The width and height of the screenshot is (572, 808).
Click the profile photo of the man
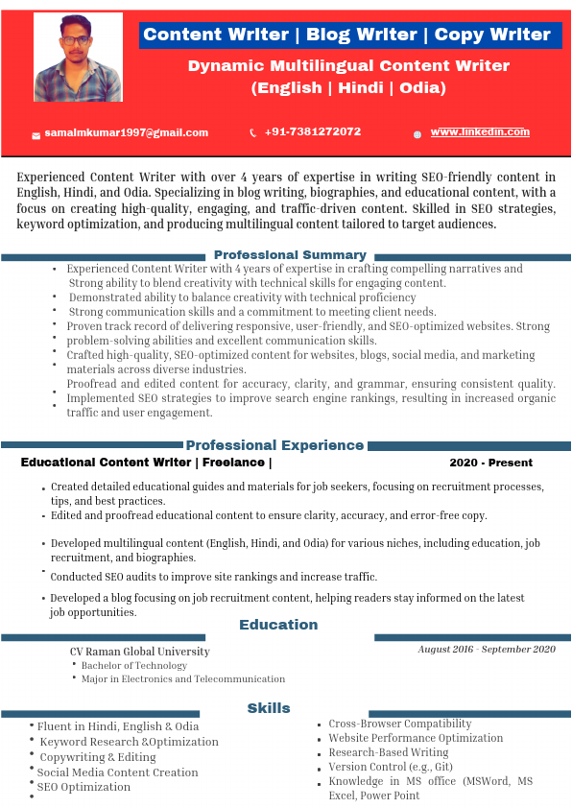78,57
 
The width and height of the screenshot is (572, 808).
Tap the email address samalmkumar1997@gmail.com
127,132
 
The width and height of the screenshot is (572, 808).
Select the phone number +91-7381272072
313,131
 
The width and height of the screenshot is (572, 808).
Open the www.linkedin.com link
480,132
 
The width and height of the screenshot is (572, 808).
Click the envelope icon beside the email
36,134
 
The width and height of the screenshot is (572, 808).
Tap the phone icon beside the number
253,132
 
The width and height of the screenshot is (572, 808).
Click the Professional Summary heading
290,254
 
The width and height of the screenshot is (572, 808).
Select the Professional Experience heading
274,445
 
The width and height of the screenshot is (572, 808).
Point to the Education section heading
278,625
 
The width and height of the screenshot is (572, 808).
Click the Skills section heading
269,708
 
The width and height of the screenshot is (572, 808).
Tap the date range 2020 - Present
490,463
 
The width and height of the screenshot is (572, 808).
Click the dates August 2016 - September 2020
487,650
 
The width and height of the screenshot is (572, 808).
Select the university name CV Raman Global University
139,652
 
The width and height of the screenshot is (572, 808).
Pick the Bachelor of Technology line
134,665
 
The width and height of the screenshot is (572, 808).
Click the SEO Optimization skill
83,787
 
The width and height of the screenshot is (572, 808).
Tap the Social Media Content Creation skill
117,772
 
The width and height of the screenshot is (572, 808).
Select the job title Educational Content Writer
107,463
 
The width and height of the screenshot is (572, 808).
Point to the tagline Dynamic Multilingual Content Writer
348,66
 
